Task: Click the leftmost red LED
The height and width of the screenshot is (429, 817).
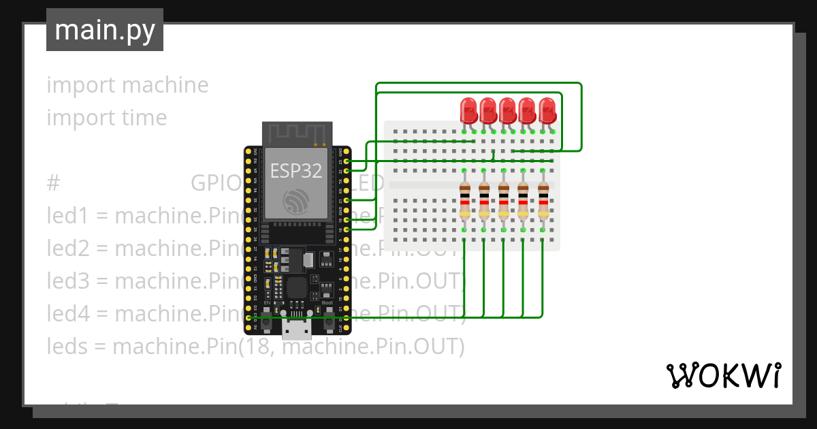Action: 468,110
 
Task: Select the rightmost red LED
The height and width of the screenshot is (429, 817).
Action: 547,110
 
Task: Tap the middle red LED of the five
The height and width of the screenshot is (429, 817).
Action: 507,110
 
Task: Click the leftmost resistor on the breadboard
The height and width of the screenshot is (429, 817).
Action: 465,202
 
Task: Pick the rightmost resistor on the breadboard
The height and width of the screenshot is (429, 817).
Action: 543,202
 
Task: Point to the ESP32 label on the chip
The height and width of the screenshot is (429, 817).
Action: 296,170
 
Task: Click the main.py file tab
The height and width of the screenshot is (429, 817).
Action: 105,30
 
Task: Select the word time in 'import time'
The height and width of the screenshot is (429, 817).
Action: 144,118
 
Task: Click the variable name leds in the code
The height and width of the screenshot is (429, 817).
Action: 67,347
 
